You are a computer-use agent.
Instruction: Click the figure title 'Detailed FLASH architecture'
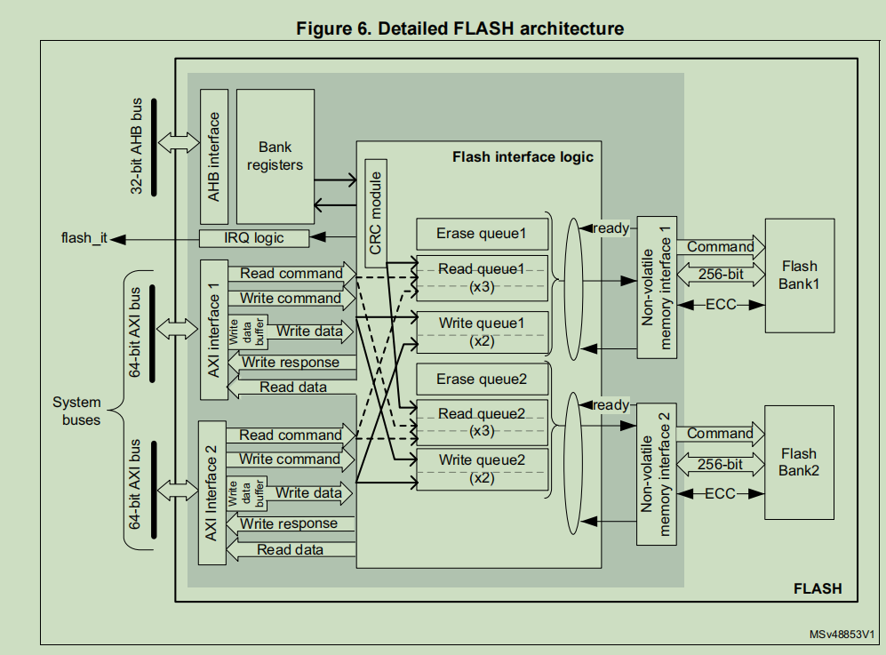click(459, 28)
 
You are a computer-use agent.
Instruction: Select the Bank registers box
click(275, 156)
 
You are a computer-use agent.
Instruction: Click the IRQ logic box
click(254, 237)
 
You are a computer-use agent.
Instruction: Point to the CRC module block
click(376, 213)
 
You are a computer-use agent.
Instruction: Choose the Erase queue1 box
click(481, 234)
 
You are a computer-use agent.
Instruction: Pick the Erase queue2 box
click(481, 379)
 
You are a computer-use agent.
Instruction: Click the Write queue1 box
click(481, 332)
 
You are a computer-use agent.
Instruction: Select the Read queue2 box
click(481, 421)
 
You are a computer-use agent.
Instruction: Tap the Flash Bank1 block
click(799, 276)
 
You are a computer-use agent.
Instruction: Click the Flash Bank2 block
click(799, 462)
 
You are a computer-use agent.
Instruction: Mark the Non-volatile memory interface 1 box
click(657, 287)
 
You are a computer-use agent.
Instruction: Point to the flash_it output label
click(84, 238)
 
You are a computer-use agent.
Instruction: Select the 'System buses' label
click(76, 411)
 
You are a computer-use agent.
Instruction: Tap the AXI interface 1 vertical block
click(213, 330)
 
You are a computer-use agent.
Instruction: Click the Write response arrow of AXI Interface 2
click(289, 524)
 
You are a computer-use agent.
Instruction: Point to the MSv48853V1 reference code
click(842, 635)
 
